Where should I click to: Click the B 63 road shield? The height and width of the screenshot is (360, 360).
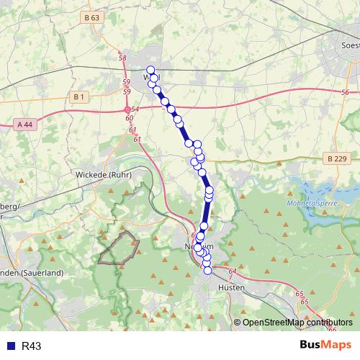(91, 17)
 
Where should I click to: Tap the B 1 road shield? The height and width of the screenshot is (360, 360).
(79, 96)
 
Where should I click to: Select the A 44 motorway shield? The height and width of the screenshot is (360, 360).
(24, 125)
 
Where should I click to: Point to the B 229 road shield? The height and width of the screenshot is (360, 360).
(336, 158)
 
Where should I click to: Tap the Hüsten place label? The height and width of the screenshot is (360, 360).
(231, 287)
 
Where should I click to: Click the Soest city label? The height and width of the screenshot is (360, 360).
(348, 45)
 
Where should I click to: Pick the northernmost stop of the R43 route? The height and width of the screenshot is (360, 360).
(150, 70)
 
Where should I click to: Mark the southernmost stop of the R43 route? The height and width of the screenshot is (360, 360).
(207, 271)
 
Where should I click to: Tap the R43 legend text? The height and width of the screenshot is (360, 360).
(32, 346)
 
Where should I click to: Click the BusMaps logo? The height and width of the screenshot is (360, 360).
(325, 346)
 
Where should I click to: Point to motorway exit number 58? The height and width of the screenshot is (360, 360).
(122, 58)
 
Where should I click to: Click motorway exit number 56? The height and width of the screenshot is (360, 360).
(345, 92)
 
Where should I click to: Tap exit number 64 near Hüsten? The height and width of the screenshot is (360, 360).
(232, 271)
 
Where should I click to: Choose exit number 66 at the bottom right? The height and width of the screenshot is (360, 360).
(332, 329)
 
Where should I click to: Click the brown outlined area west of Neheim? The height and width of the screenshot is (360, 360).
(119, 248)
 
